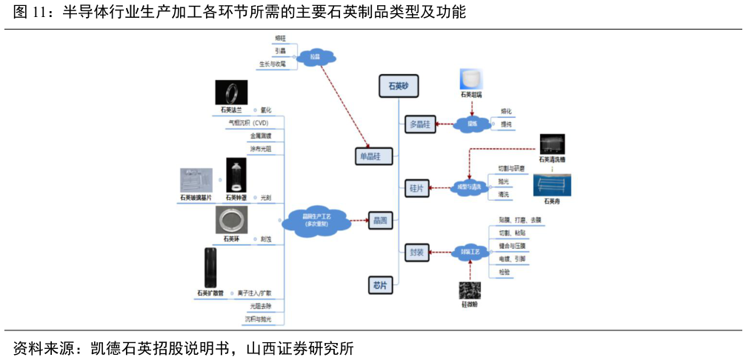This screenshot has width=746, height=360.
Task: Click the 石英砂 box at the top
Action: (x=399, y=85)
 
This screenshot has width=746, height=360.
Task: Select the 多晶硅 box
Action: (x=420, y=124)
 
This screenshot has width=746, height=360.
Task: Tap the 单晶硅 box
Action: (x=373, y=156)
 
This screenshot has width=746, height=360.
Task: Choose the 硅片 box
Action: (x=416, y=187)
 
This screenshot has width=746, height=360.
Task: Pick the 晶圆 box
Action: (x=380, y=219)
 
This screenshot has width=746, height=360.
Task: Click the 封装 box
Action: (x=416, y=252)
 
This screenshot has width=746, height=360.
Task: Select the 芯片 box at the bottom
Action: (x=380, y=285)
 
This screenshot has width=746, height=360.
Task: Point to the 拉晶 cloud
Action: (x=316, y=56)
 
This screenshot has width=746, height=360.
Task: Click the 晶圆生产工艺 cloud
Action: (x=316, y=219)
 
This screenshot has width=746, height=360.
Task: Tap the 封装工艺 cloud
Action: (x=470, y=252)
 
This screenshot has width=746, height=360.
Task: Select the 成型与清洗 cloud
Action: (x=468, y=187)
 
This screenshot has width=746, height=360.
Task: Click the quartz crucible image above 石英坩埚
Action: (x=471, y=79)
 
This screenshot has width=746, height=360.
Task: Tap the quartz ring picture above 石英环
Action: (x=236, y=220)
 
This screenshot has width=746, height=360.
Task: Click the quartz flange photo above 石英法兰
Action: (x=231, y=93)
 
